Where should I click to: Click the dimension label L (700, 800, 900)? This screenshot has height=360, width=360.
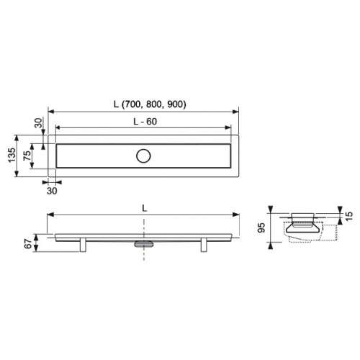tap(150, 104)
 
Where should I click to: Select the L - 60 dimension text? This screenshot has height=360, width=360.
tap(145, 122)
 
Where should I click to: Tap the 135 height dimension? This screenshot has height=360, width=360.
tap(12, 155)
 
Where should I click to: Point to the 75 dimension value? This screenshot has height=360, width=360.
tap(27, 156)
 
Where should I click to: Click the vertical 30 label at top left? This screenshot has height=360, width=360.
tap(38, 122)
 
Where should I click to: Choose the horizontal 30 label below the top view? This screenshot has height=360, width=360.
tap(52, 191)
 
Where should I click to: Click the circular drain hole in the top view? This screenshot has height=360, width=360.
tap(143, 156)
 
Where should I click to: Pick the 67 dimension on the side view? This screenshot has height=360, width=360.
tap(28, 244)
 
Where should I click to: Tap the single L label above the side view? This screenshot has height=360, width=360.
tap(144, 208)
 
